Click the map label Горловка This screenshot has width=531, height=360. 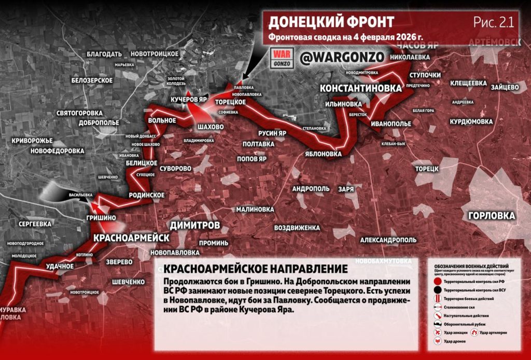tap(491, 216)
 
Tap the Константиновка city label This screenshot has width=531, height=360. tap(360, 89)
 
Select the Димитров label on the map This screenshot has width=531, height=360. tap(194, 225)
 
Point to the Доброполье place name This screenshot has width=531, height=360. tap(99, 123)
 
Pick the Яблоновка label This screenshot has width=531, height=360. tap(323, 154)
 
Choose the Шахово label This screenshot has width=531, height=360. tap(211, 127)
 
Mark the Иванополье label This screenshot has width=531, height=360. tap(391, 124)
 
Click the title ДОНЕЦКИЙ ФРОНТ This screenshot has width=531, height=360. tap(331, 22)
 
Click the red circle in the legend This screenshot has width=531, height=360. tap(438, 281)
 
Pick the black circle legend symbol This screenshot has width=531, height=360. tap(438, 290)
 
